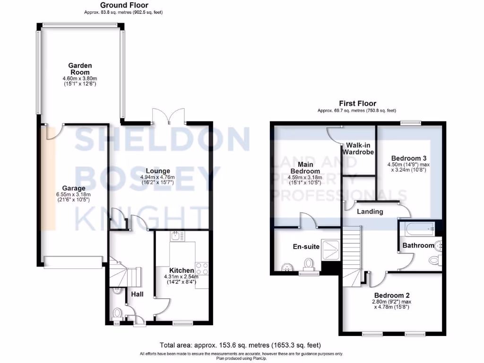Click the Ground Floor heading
124,5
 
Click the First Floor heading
357,104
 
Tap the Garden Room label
80,69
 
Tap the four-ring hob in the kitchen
202,269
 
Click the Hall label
138,294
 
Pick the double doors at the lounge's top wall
169,116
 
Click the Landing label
370,211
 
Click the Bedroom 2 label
392,294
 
